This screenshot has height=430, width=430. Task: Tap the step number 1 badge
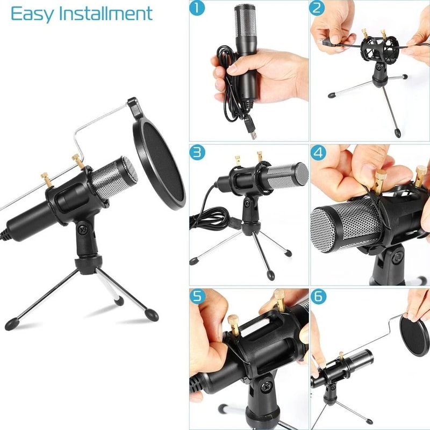(198, 9)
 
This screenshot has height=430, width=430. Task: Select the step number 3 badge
(198, 153)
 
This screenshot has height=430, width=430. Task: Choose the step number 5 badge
(198, 297)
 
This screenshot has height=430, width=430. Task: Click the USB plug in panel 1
(252, 130)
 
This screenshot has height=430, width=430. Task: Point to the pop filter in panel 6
(415, 336)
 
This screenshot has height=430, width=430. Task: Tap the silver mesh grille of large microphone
(110, 178)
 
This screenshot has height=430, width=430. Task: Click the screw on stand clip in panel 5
(267, 386)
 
